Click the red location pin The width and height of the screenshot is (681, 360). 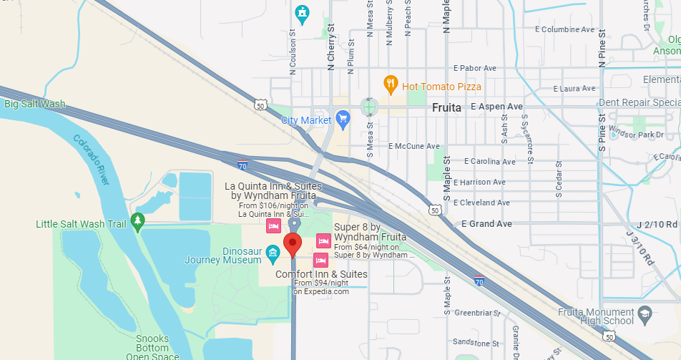click(x=292, y=244)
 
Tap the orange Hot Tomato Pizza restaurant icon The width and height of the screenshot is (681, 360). click(x=391, y=85)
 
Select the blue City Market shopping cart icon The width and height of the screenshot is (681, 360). click(x=343, y=120)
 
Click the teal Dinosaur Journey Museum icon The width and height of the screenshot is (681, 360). click(x=273, y=252)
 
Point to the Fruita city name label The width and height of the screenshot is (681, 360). click(x=449, y=107)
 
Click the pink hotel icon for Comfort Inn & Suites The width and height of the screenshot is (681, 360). click(x=321, y=258)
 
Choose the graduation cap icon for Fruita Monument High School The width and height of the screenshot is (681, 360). click(x=645, y=313)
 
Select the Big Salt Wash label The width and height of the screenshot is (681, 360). click(x=34, y=104)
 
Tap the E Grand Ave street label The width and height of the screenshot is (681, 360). click(x=486, y=224)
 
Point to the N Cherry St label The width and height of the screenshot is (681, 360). click(x=330, y=47)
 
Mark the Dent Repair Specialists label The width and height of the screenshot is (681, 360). click(x=639, y=102)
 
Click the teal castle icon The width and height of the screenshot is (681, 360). click(x=303, y=12)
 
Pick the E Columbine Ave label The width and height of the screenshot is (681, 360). click(x=565, y=30)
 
